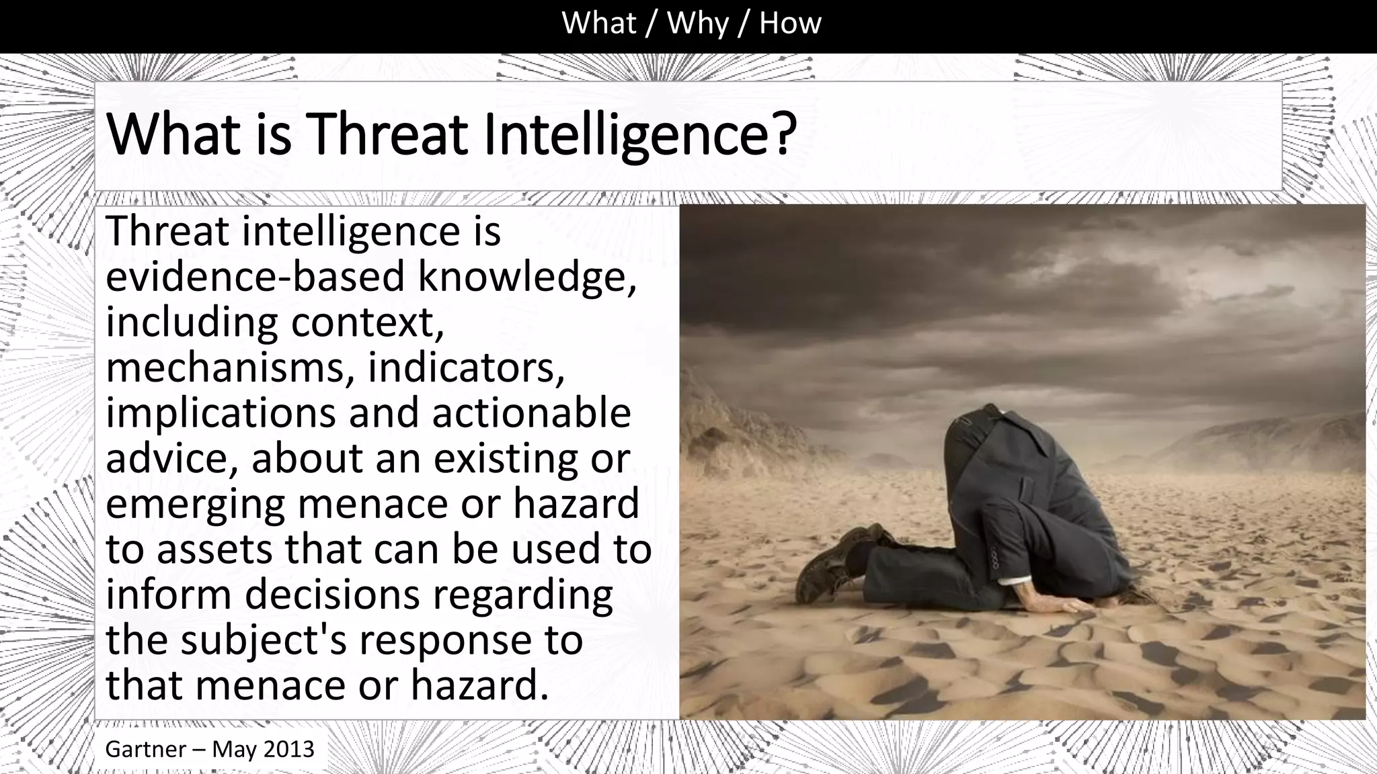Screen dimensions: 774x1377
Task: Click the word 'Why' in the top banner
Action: pos(697,24)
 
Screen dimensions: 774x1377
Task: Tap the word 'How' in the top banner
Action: pos(790,24)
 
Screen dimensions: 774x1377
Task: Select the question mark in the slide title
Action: pos(782,134)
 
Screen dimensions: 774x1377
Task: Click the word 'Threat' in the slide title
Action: pos(386,134)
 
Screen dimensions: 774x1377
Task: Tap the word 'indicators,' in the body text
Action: pos(466,368)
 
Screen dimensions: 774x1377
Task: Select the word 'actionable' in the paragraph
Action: pos(531,413)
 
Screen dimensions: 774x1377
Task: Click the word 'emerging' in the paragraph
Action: pos(195,504)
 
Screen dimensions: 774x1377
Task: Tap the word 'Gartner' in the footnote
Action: pos(145,748)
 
